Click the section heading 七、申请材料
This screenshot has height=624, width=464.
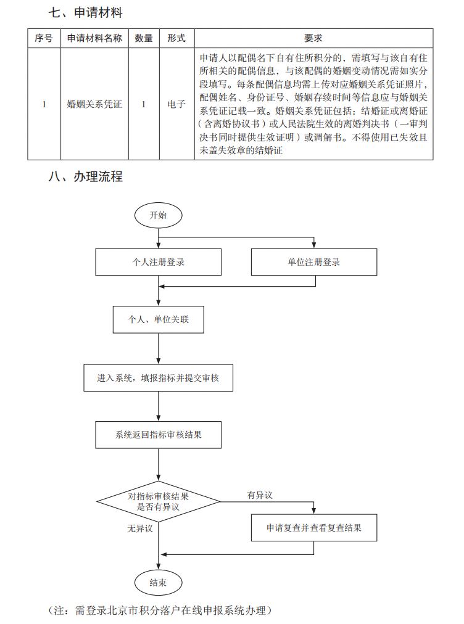pos(86,12)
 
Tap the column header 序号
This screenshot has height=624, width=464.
pos(44,38)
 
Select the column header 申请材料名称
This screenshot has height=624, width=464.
pos(94,38)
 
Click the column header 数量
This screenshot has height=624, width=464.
pos(144,38)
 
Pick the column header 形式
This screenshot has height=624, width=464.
pos(176,38)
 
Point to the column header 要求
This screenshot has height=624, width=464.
pos(313,38)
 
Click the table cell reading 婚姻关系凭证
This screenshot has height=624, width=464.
pos(94,104)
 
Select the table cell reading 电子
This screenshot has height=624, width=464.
pos(176,104)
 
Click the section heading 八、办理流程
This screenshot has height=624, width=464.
pos(86,177)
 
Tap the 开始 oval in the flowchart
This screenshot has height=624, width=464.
pos(158,215)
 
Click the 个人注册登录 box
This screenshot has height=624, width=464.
pos(159,262)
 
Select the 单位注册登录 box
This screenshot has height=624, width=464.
pos(314,262)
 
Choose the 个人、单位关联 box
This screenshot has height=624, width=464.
pos(159,319)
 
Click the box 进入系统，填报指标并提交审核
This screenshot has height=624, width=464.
pos(159,377)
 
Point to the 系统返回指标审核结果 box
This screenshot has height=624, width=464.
pos(159,435)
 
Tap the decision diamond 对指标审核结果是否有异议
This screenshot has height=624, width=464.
pos(159,501)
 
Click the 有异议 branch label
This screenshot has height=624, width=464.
pos(260,495)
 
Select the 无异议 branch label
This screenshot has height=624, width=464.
pos(139,528)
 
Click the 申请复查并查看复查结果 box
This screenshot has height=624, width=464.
pos(314,528)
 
